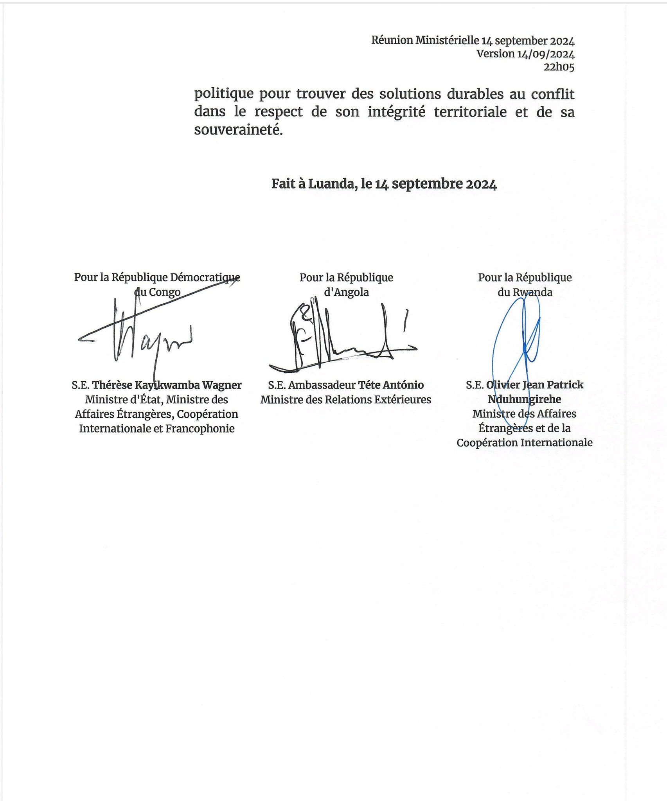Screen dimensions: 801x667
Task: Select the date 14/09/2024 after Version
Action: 545,54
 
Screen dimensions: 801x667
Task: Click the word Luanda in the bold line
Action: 331,184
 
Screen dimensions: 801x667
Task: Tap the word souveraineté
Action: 238,130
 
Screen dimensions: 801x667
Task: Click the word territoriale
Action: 470,112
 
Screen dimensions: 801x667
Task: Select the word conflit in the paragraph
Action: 552,94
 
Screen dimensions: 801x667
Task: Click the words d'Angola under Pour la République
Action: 346,292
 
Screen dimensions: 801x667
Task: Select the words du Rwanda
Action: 525,292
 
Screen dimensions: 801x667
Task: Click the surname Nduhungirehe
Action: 524,399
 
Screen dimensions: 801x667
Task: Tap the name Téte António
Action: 391,385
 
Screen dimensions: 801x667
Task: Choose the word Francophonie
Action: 200,429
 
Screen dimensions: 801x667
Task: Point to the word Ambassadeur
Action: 322,385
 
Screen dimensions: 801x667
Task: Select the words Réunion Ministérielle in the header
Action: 425,40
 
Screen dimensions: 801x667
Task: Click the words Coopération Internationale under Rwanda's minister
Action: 524,443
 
